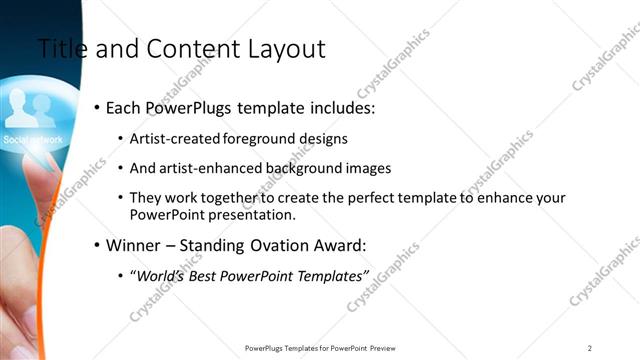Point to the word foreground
(x=263, y=139)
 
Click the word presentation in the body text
(x=251, y=215)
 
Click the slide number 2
(x=590, y=348)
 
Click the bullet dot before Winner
(x=97, y=245)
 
